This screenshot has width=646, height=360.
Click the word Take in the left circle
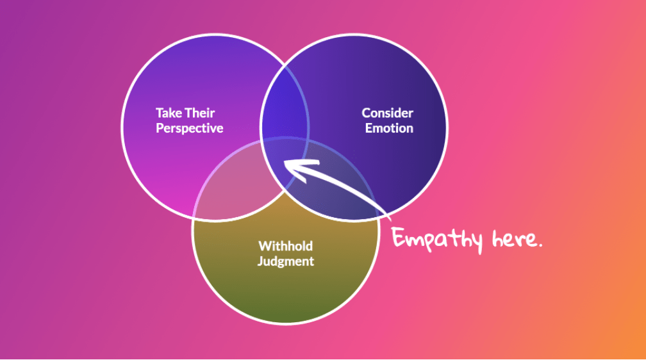coord(169,113)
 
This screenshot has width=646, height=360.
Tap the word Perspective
coord(189,128)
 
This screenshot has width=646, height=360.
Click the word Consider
coord(387,113)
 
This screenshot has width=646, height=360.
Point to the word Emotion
coord(389,128)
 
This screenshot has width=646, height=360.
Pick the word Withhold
coord(285,246)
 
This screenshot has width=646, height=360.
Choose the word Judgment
coord(285,261)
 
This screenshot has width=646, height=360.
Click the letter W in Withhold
coord(264,246)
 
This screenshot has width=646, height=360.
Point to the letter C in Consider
coord(366,113)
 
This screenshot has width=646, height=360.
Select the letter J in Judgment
coord(260,261)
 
